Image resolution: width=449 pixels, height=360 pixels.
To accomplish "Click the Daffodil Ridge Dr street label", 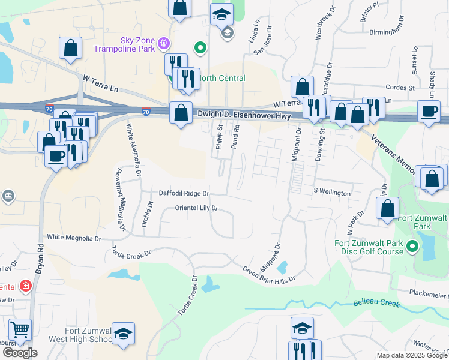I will point(184,193).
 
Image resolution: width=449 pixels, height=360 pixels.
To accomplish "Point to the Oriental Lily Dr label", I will point(196,208).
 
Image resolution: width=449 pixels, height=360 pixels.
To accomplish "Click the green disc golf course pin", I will point(412,246).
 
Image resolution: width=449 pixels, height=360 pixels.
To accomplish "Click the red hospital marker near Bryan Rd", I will point(25,286).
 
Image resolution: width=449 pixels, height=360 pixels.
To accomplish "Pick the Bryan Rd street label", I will point(39,259).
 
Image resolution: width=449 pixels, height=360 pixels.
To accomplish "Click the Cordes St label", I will point(400,88).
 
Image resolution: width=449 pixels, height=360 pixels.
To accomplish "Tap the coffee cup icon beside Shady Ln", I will point(429,111).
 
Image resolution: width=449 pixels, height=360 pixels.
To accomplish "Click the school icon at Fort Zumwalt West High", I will point(124,334).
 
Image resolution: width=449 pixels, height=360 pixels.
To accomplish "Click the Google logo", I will point(20,353).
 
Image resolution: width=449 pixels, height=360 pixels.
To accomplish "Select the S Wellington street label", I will point(332,193).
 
